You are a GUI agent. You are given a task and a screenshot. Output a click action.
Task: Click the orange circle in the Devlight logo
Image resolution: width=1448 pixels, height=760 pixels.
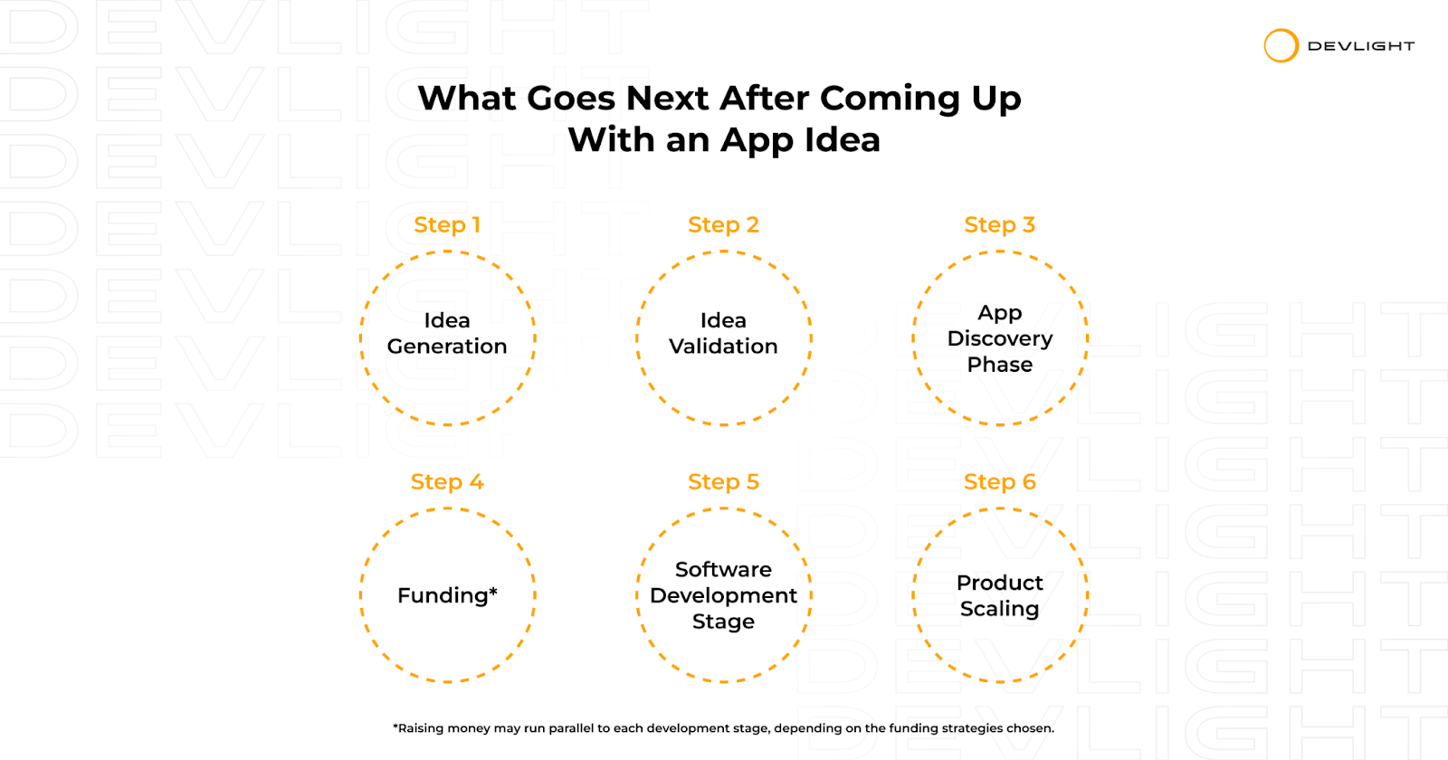(1266, 46)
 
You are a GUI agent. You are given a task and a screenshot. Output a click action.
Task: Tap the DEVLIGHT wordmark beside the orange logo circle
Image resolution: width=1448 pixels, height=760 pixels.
(1361, 46)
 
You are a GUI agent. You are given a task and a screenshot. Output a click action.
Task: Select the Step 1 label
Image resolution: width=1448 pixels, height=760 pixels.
(447, 225)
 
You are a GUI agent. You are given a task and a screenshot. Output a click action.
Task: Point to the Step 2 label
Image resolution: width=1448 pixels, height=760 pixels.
(723, 225)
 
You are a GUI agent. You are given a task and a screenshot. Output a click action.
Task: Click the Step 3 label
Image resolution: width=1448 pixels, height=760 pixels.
(999, 225)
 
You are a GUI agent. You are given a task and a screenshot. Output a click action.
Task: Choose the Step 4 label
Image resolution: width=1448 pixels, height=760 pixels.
(447, 482)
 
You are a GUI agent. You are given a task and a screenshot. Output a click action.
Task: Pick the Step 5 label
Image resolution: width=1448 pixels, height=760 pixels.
(723, 482)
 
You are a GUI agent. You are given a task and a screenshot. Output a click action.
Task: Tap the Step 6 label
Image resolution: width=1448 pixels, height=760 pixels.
(999, 482)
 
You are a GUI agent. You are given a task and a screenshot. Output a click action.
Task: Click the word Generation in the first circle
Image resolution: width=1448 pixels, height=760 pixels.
(447, 347)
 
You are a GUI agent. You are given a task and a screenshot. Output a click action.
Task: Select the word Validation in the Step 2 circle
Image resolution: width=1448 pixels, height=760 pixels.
(723, 347)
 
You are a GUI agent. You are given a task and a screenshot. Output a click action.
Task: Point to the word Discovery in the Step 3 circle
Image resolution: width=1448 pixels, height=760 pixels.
(1000, 339)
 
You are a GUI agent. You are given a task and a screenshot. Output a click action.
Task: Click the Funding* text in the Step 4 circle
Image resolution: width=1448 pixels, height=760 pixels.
(447, 595)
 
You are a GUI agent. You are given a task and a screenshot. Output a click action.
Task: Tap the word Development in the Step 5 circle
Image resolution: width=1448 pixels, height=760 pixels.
(723, 596)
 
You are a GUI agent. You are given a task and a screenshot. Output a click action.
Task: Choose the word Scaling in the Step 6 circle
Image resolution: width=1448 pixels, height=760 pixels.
(999, 610)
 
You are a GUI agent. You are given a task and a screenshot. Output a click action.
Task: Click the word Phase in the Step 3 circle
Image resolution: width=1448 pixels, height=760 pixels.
(1000, 365)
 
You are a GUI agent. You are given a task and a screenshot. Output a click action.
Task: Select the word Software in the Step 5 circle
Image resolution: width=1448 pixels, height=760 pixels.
(723, 569)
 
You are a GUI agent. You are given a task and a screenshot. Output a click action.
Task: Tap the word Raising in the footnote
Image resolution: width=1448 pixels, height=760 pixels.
(421, 728)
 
